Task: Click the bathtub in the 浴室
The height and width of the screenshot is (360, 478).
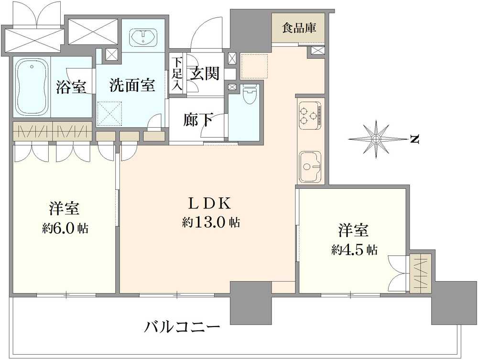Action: tap(32, 87)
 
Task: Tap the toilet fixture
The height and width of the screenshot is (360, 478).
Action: tap(250, 95)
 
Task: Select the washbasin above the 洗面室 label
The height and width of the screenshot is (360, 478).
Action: tap(143, 37)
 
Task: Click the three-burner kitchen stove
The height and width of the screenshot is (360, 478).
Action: tap(310, 115)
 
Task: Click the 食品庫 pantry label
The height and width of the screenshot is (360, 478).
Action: tap(299, 28)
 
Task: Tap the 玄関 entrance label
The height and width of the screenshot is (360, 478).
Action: tap(205, 73)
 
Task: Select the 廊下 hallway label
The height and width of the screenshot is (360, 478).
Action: tap(198, 120)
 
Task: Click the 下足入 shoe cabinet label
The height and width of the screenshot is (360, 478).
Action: tap(177, 74)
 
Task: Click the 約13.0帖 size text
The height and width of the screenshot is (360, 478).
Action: tap(211, 222)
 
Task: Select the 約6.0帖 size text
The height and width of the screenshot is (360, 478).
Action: tap(65, 229)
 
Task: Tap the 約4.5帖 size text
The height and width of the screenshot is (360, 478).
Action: tap(355, 250)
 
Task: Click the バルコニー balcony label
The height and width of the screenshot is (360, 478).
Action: tap(182, 328)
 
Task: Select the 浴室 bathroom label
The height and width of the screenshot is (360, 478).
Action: tap(71, 87)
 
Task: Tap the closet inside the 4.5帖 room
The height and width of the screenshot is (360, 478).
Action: tap(421, 273)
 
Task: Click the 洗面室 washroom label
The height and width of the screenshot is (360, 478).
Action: tap(132, 85)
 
